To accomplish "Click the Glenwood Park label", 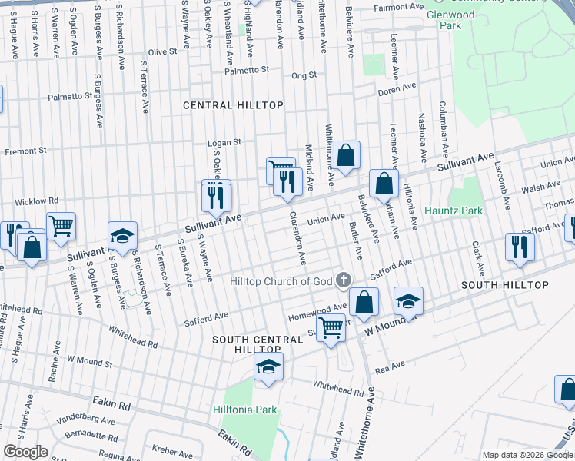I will coord(450,19).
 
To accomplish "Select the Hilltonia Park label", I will coord(245,410).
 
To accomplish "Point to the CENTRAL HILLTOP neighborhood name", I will coord(233,104).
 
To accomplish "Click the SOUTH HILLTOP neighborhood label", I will coord(504,285).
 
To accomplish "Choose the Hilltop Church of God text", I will coord(281,281).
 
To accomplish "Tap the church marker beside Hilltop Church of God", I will coord(344,280).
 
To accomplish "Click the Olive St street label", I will coord(162,51).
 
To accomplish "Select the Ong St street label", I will coord(304,75).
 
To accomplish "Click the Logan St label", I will coord(224,142).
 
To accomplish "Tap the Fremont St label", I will coord(25,151).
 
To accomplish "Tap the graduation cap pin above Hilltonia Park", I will coord(268,366).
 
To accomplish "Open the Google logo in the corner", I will coord(25,452).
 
